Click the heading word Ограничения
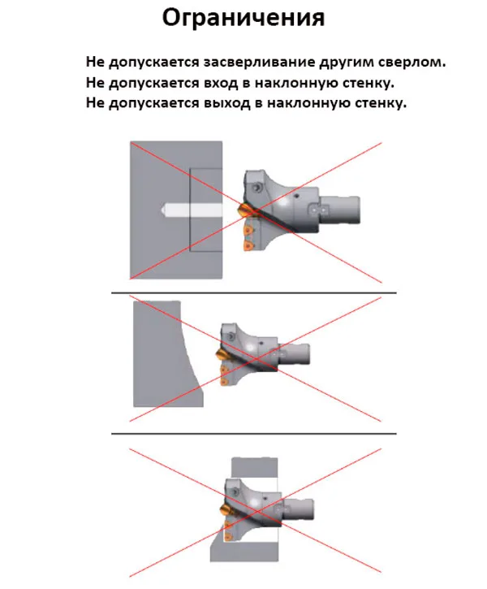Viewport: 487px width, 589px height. coord(243,17)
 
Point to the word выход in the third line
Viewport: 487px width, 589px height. coord(227,102)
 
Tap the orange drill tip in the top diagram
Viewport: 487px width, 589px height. coord(243,209)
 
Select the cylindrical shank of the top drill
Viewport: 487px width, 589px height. coord(339,210)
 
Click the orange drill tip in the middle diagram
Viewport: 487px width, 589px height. coord(222,354)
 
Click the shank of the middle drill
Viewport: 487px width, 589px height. coord(294,354)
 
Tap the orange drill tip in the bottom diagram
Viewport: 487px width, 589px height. coord(226,511)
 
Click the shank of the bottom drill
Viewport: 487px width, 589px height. coord(298,509)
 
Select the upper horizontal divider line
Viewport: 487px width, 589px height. coord(253,292)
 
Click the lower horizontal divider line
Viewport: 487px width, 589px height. coord(253,434)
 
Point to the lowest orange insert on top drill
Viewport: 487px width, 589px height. coord(247,245)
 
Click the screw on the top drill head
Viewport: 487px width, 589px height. coord(257,186)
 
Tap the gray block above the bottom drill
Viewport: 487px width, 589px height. coord(255,469)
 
